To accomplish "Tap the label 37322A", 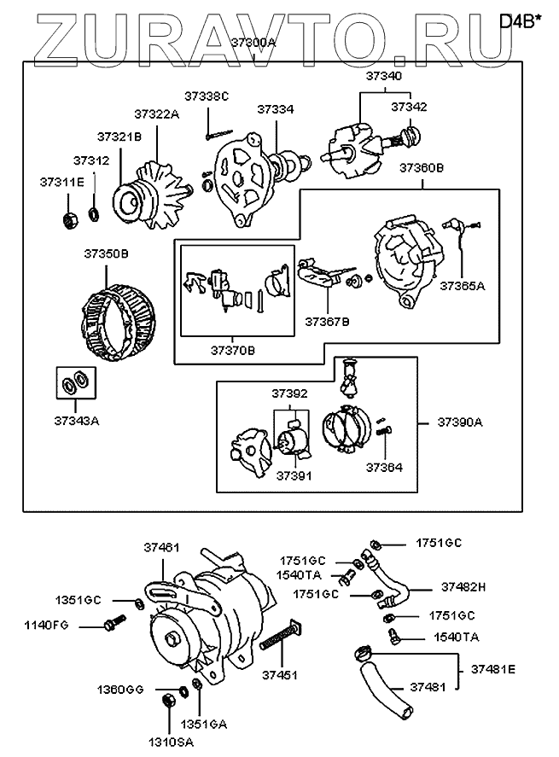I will point(156,114).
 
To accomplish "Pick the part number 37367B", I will point(327,323).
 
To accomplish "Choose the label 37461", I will point(162,548).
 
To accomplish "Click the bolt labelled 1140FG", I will point(110,626).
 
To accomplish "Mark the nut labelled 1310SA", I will point(168,702).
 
